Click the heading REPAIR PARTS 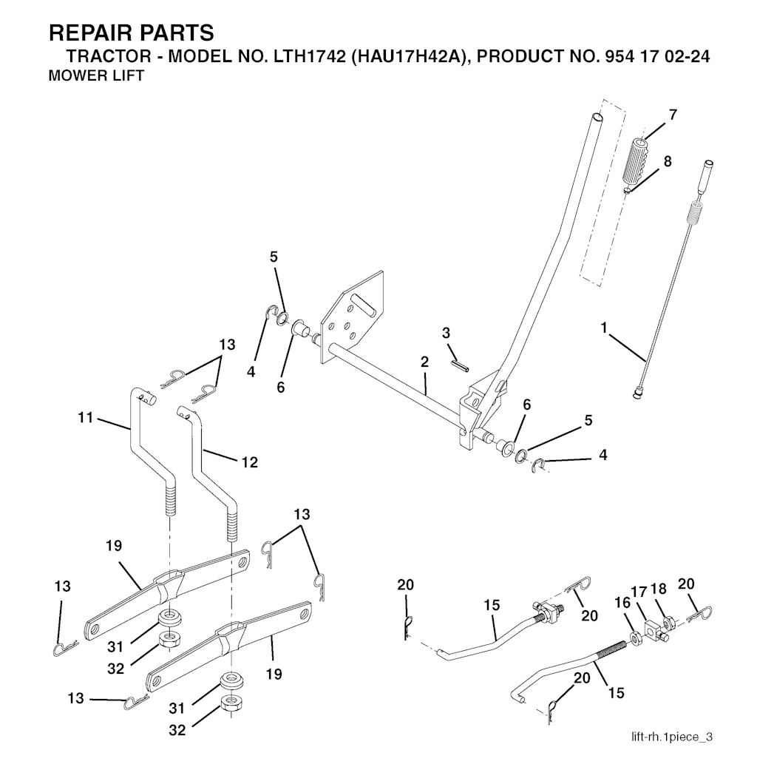coord(132,33)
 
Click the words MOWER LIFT coord(96,76)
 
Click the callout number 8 coord(668,161)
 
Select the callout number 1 coord(604,328)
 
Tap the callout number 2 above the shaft coord(424,362)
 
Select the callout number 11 coord(86,417)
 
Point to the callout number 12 coord(249,462)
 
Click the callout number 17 coord(639,591)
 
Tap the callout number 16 coord(622,603)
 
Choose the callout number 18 coord(659,589)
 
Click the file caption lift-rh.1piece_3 coord(672,737)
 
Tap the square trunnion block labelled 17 coord(654,628)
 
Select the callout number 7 coord(673,115)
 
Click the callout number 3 coord(446,333)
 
